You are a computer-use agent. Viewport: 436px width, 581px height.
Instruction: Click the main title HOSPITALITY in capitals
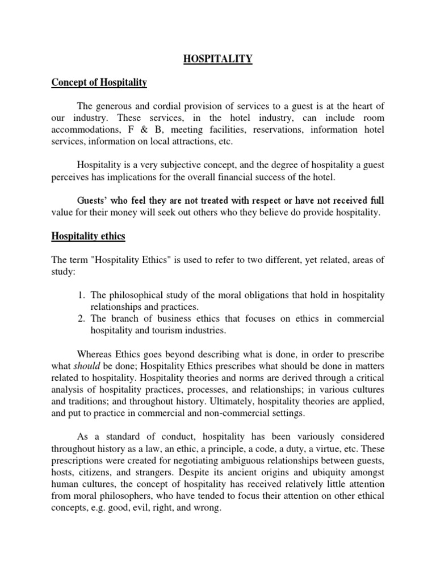218,58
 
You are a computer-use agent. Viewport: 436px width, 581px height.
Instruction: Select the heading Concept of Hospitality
99,83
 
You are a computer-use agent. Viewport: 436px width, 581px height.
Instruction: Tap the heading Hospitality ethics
89,236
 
